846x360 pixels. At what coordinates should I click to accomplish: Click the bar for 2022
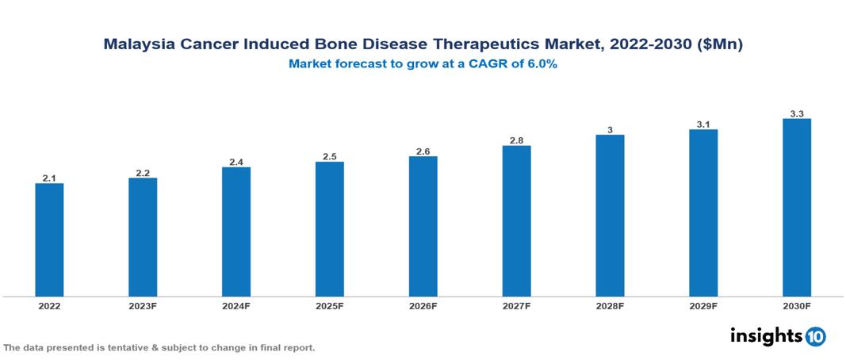(49, 240)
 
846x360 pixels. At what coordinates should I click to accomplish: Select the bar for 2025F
(329, 229)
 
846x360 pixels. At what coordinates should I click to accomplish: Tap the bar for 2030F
(796, 208)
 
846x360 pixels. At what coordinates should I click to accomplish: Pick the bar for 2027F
(516, 221)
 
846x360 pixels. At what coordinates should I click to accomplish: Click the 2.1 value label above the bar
(49, 178)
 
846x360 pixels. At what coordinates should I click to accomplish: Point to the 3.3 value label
(797, 114)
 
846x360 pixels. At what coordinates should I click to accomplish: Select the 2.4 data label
(236, 162)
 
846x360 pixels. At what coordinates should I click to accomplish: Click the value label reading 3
(610, 129)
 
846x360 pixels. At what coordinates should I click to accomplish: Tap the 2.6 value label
(423, 151)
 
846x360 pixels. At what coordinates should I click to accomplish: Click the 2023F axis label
(143, 305)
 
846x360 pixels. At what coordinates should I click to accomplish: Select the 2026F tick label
(423, 305)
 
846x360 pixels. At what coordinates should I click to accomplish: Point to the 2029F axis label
(703, 305)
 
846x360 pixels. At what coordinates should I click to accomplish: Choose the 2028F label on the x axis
(610, 305)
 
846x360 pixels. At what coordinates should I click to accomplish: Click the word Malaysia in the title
(137, 46)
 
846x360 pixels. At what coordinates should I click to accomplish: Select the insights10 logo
(778, 336)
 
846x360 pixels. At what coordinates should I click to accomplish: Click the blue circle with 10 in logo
(815, 337)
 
